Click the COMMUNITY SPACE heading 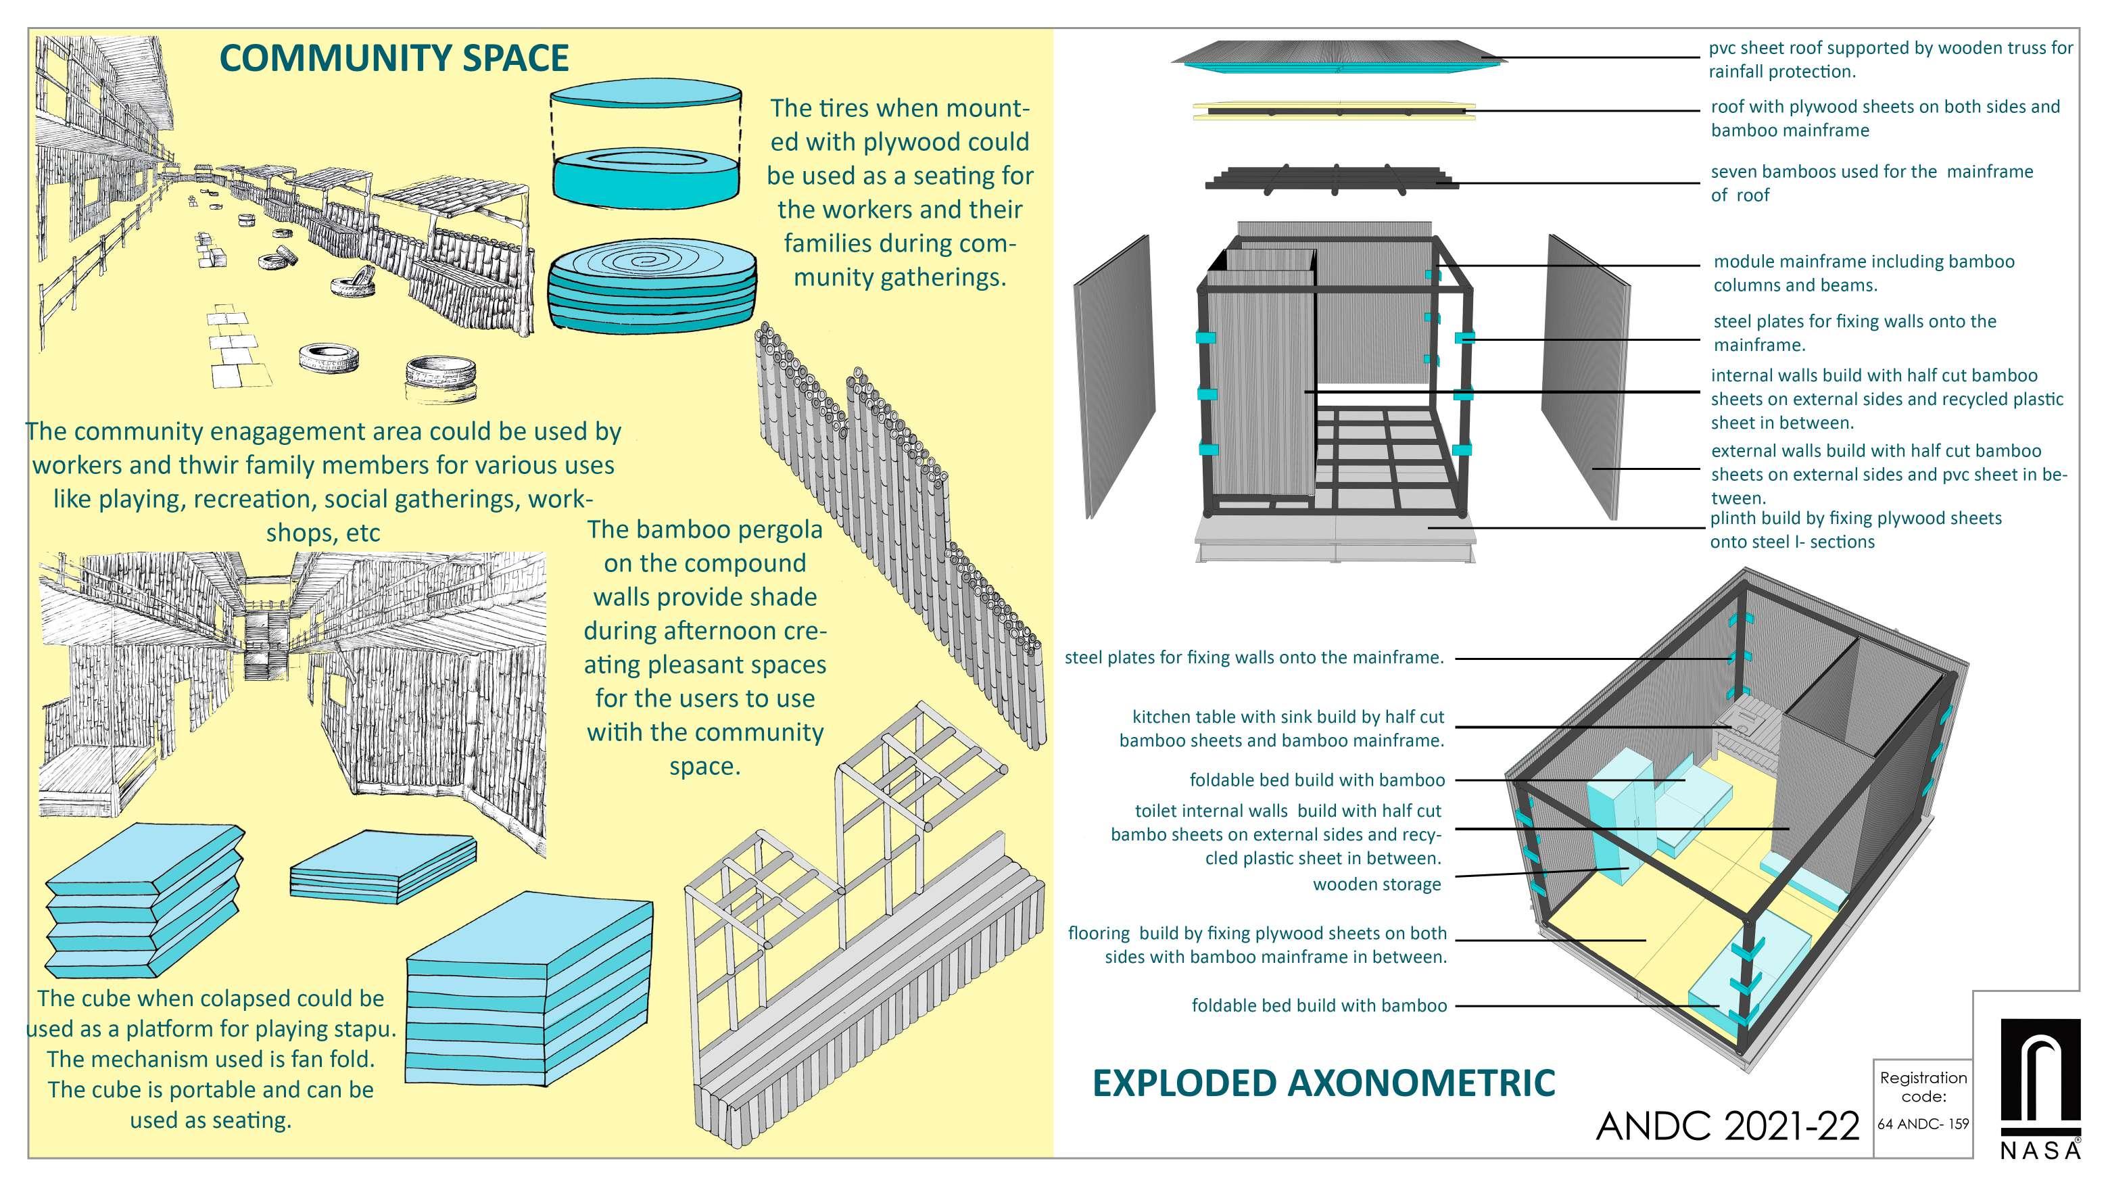(x=393, y=58)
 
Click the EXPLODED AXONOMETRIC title (x=1323, y=1082)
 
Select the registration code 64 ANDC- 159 (x=1923, y=1124)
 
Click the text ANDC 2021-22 (x=1727, y=1127)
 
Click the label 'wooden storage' (x=1376, y=884)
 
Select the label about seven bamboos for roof (x=1871, y=183)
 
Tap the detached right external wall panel (x=1585, y=377)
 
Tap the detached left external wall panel (x=1115, y=377)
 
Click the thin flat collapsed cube (x=383, y=868)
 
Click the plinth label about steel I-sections (x=1855, y=529)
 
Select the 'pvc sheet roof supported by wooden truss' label (x=1890, y=60)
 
